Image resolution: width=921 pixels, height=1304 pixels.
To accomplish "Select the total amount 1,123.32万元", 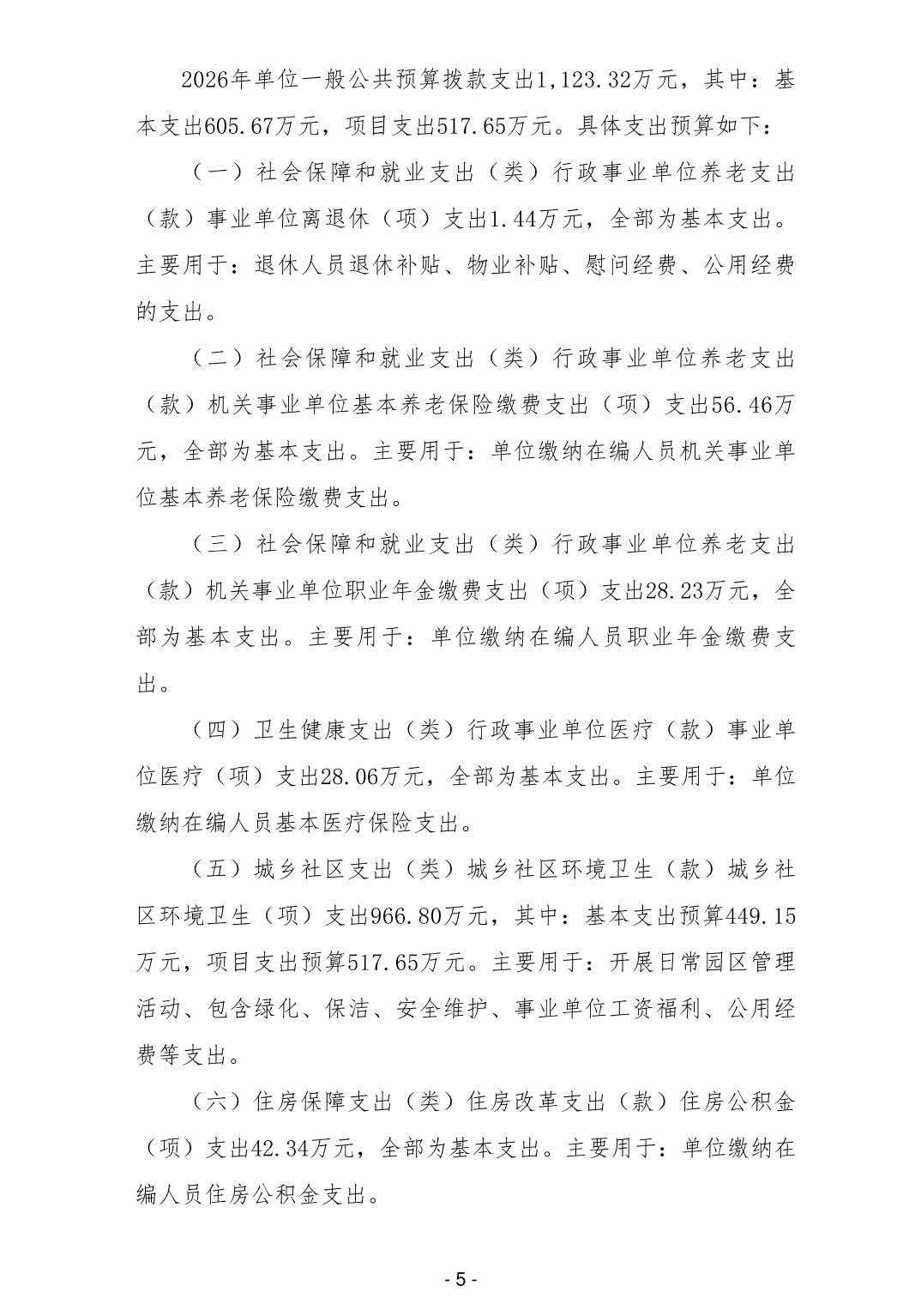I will click(x=608, y=81).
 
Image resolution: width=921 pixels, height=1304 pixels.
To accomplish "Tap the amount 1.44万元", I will click(x=539, y=220).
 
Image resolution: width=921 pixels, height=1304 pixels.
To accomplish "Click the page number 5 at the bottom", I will click(x=460, y=1279).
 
